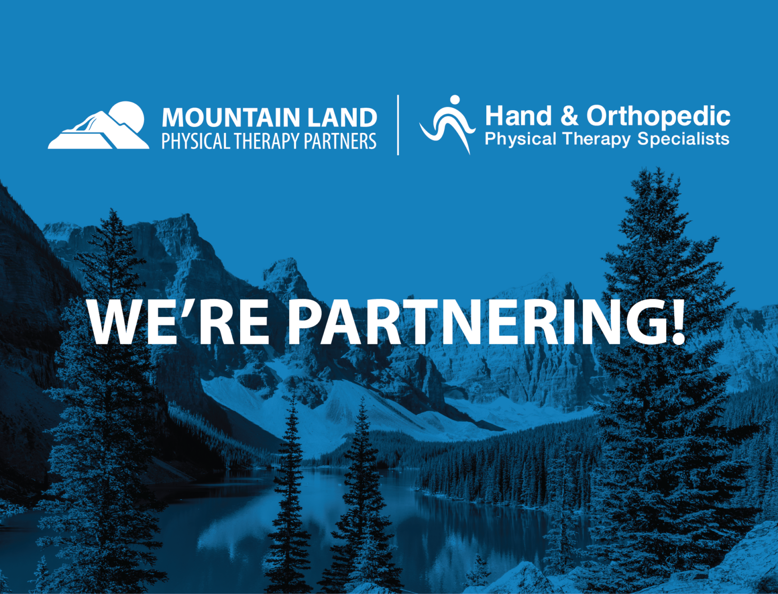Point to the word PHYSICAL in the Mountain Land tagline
click(196, 141)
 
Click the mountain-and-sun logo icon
click(98, 125)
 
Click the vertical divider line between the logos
click(398, 125)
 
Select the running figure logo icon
click(448, 125)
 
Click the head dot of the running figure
click(454, 100)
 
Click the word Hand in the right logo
click(518, 116)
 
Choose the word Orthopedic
click(658, 117)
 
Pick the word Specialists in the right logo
click(683, 139)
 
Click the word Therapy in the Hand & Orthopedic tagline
click(596, 139)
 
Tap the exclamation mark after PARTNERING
click(677, 321)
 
